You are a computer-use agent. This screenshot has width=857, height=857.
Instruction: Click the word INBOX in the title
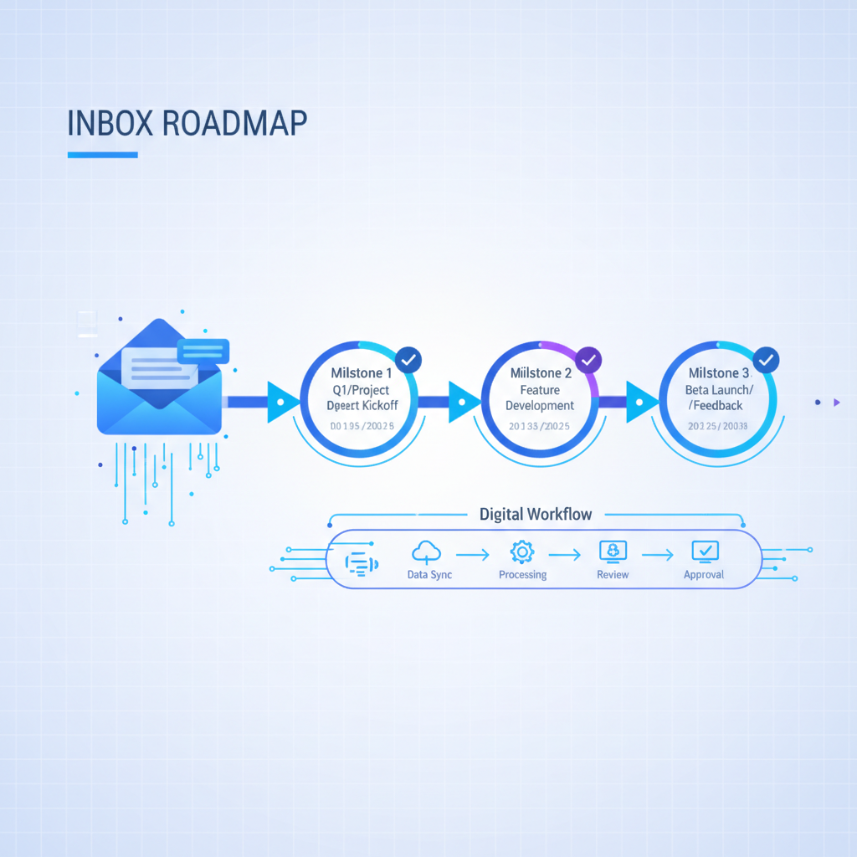point(108,122)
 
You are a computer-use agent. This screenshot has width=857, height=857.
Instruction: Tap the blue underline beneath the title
point(102,155)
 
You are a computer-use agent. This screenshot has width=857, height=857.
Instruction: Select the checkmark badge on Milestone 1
point(408,360)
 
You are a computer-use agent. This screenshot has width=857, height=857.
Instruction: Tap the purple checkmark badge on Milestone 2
point(588,360)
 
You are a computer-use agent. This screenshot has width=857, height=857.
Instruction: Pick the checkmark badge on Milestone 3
point(766,360)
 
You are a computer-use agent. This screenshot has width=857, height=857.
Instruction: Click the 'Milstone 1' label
point(362,372)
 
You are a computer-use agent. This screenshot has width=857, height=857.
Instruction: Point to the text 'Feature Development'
point(540,398)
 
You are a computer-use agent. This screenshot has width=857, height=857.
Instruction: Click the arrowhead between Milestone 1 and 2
point(463,402)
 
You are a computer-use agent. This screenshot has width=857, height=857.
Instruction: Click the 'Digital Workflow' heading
point(536,514)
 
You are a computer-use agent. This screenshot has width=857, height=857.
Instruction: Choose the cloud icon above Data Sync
point(427,551)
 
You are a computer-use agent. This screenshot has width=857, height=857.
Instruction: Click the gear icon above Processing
point(522,551)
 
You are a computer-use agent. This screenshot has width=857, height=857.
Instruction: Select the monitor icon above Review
point(613,551)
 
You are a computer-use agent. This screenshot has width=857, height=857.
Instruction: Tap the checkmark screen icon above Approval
point(705,551)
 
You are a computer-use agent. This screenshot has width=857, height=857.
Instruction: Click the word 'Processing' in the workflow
point(522,575)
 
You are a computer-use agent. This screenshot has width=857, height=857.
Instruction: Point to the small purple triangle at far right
point(836,403)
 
